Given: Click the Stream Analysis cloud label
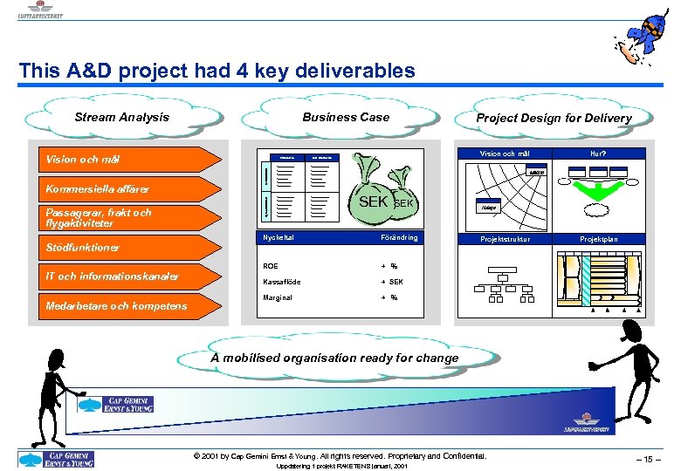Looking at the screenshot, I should click(122, 118).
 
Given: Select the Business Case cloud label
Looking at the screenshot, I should click(346, 118).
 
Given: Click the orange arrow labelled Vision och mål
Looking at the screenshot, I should click(122, 160).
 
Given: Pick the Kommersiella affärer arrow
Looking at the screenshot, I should click(122, 188).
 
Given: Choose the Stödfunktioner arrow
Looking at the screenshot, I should click(122, 248).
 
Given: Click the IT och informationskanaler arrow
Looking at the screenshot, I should click(122, 276).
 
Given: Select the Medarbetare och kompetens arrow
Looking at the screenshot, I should click(122, 306).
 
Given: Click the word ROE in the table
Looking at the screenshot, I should click(271, 266).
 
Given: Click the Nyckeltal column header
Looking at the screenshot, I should click(278, 237).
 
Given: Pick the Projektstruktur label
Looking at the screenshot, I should click(506, 238).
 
